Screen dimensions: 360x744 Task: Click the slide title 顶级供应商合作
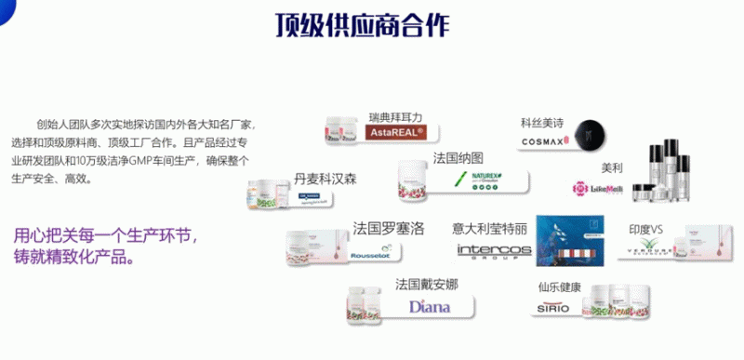coord(372,25)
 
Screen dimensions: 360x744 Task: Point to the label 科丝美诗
coord(542,122)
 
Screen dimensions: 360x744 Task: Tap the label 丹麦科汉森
coord(325,178)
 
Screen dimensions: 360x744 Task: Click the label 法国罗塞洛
coord(388,228)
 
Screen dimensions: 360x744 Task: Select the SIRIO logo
coord(553,307)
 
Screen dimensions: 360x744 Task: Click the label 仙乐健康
coord(559,287)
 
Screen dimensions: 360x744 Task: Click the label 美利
coord(611,168)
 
